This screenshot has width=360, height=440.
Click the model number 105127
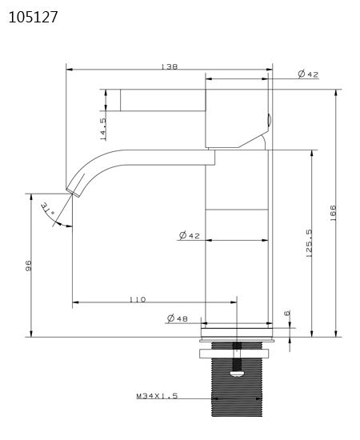[x=33, y=17]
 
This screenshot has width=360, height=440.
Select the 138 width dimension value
[x=169, y=67]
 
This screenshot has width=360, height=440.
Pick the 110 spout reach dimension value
[x=137, y=299]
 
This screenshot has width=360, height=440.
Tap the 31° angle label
[x=47, y=209]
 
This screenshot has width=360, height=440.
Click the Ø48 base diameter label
[x=177, y=318]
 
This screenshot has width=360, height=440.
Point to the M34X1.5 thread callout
[x=156, y=396]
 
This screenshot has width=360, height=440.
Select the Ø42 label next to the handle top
[x=308, y=74]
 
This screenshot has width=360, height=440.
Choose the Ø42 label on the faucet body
[x=188, y=235]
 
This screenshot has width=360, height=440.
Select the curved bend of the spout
[x=92, y=164]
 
